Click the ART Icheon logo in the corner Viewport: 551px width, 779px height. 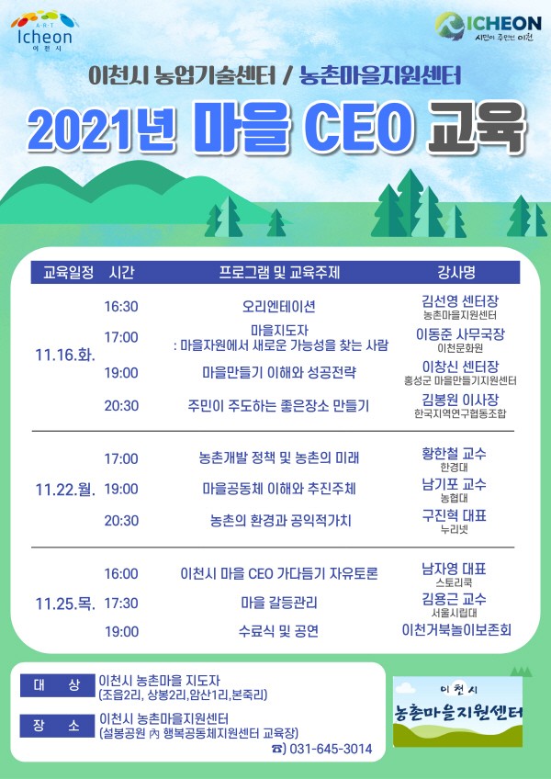pyautogui.click(x=45, y=31)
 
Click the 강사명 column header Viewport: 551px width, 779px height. pyautogui.click(x=456, y=273)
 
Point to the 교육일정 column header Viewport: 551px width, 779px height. pyautogui.click(x=68, y=273)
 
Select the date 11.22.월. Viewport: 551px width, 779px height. pyautogui.click(x=65, y=490)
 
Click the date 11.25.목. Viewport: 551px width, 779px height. pyautogui.click(x=65, y=604)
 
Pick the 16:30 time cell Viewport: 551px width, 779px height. pyautogui.click(x=120, y=306)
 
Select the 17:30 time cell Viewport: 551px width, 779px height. pyautogui.click(x=120, y=604)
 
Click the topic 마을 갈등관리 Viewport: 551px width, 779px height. pyautogui.click(x=279, y=604)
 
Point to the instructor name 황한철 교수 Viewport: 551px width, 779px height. pyautogui.click(x=454, y=454)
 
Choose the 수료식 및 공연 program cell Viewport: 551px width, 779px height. pyautogui.click(x=278, y=631)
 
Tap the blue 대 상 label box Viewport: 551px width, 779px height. pyautogui.click(x=57, y=685)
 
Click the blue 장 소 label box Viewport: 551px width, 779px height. pyautogui.click(x=57, y=726)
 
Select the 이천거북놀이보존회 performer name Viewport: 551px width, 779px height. pyautogui.click(x=456, y=630)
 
